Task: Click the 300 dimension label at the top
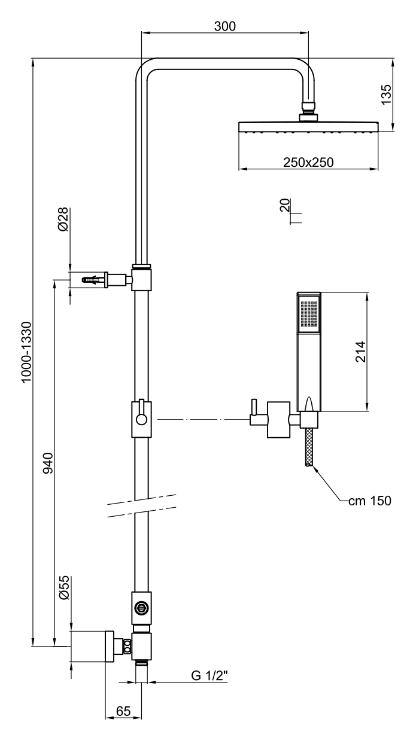pos(225,26)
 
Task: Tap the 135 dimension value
pos(386,94)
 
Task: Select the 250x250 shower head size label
pos(308,162)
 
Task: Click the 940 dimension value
pos(48,463)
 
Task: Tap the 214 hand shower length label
pos(359,352)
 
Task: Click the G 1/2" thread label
pos(210,675)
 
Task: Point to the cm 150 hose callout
pos(370,501)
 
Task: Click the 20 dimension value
pos(285,206)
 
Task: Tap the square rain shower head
pos(308,127)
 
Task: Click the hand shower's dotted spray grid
pos(309,315)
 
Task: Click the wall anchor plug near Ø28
pos(93,279)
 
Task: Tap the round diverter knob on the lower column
pos(142,607)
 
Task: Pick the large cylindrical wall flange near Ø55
pos(93,647)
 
